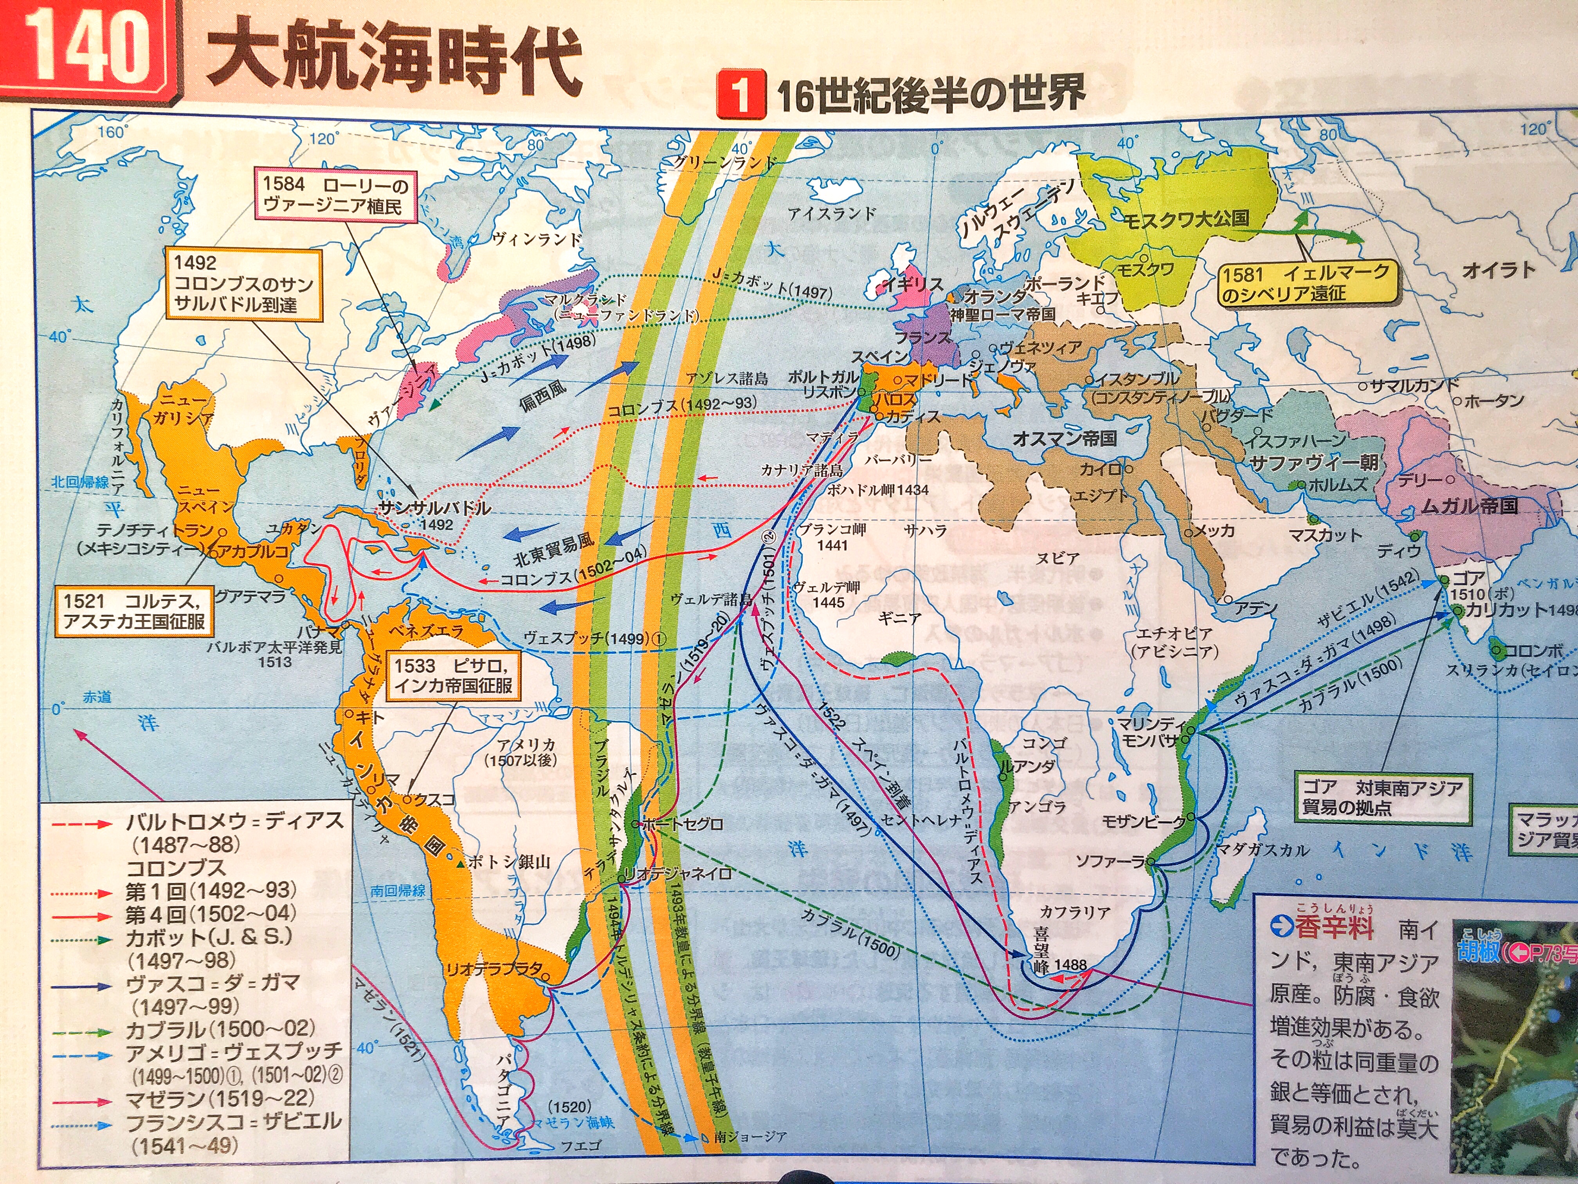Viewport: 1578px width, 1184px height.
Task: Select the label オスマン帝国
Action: tap(1065, 438)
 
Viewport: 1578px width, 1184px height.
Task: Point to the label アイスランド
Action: tap(831, 213)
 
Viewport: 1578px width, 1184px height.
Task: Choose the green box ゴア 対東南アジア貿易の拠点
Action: tap(1383, 797)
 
